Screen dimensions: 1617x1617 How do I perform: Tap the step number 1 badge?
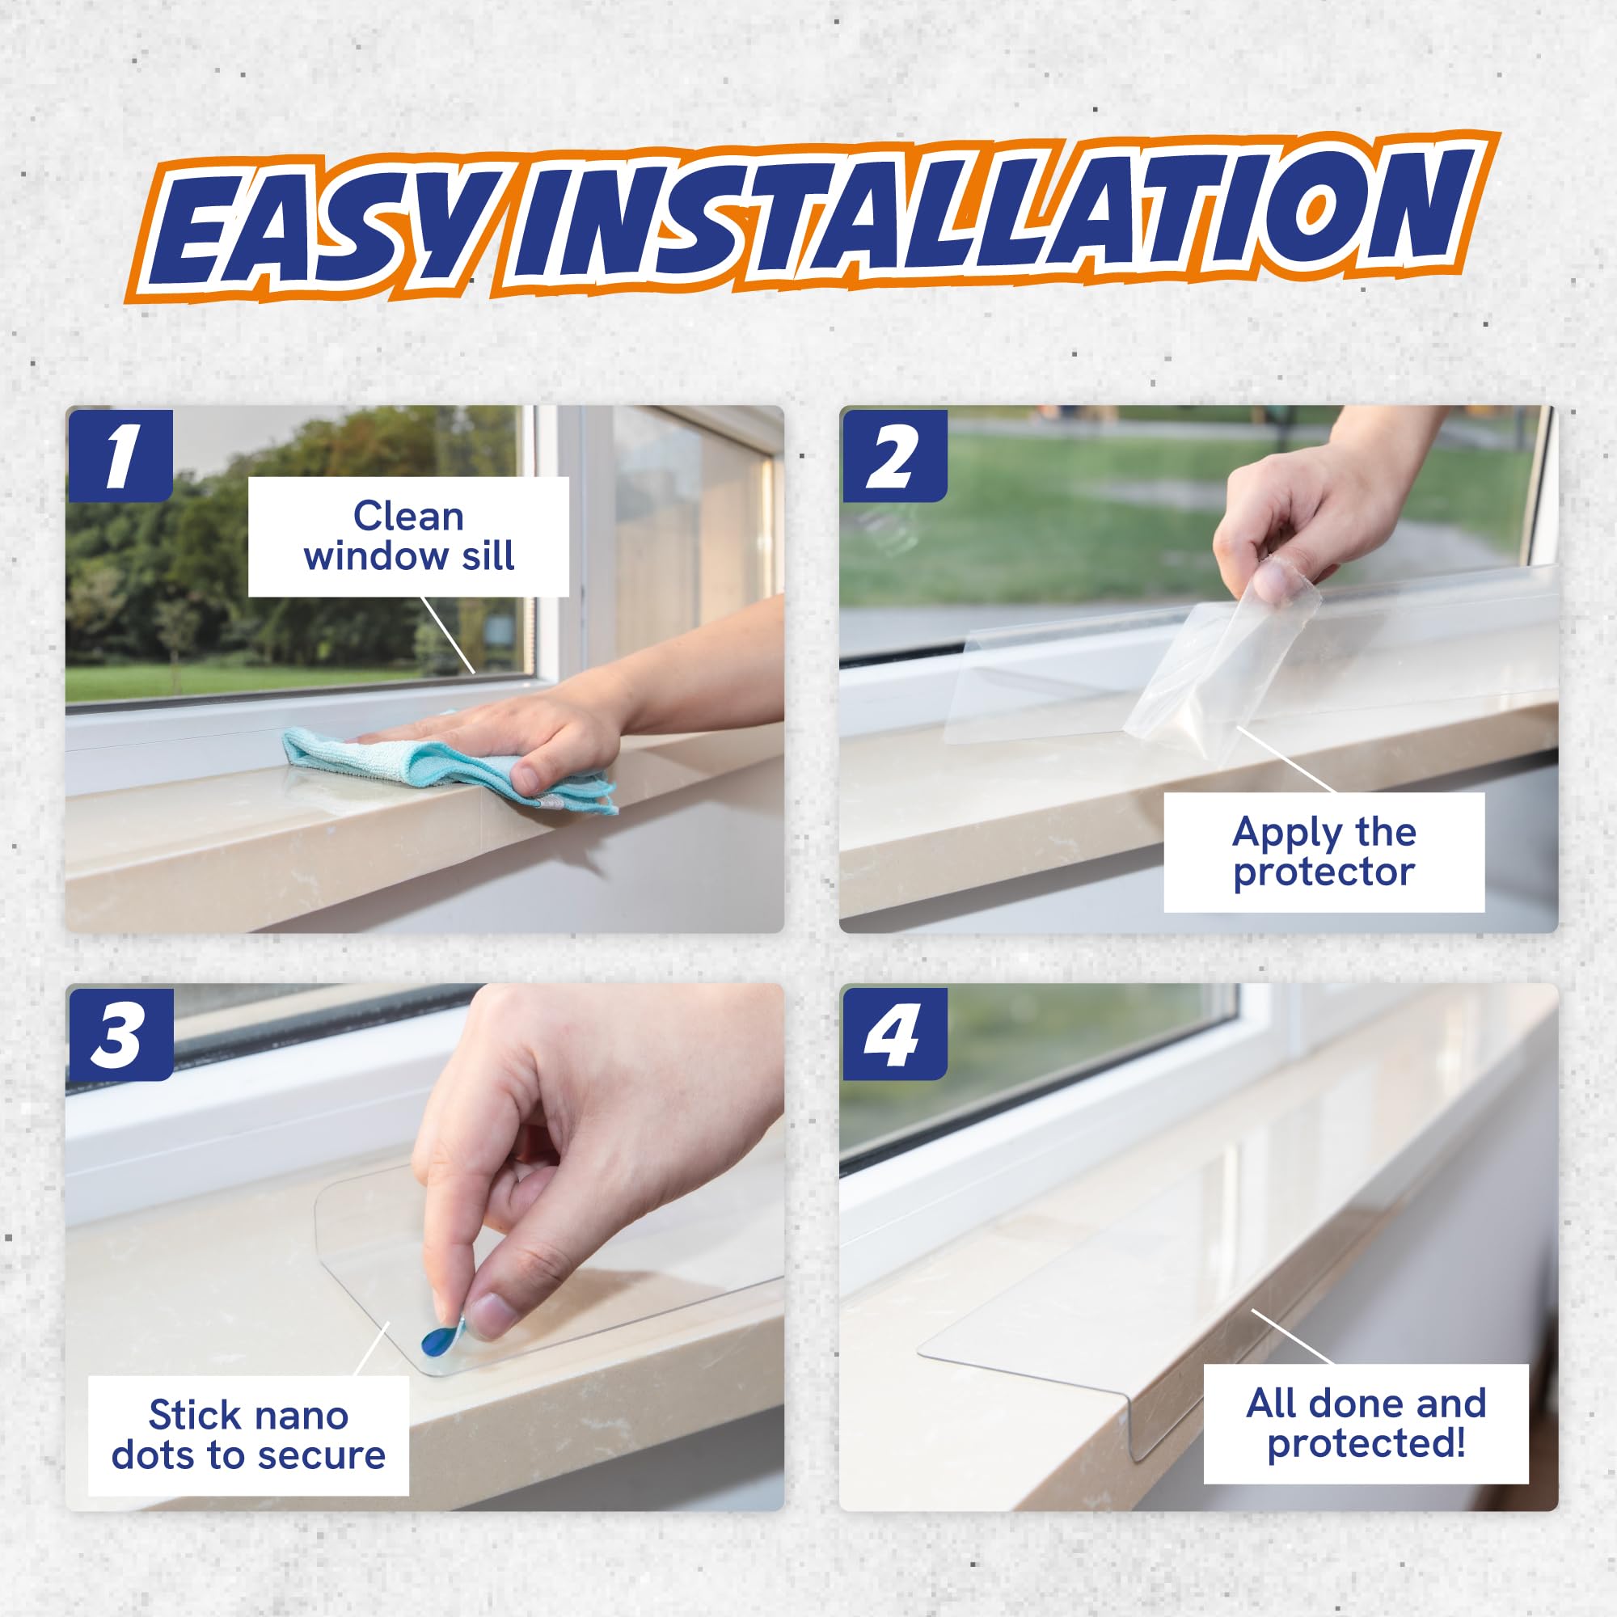[x=120, y=456]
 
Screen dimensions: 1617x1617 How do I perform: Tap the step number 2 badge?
[x=894, y=456]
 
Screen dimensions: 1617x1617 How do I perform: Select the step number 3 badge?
[x=120, y=1035]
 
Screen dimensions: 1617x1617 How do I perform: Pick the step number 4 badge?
[x=894, y=1035]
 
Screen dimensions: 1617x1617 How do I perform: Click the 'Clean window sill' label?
[x=408, y=537]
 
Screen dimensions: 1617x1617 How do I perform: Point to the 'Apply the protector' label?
[x=1324, y=852]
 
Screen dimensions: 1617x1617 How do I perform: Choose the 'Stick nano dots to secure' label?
[x=248, y=1435]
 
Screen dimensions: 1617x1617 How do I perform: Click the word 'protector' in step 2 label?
[x=1324, y=872]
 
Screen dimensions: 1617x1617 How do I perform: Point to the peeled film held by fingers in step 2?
[x=1214, y=669]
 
